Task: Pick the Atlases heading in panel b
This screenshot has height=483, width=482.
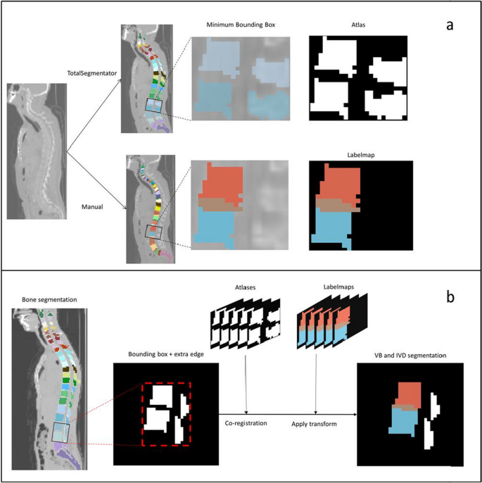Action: [246, 288]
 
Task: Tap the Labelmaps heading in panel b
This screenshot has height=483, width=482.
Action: [316, 288]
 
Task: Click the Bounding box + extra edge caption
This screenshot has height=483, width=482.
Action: [166, 353]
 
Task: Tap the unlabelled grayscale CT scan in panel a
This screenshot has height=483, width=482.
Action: [37, 151]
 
